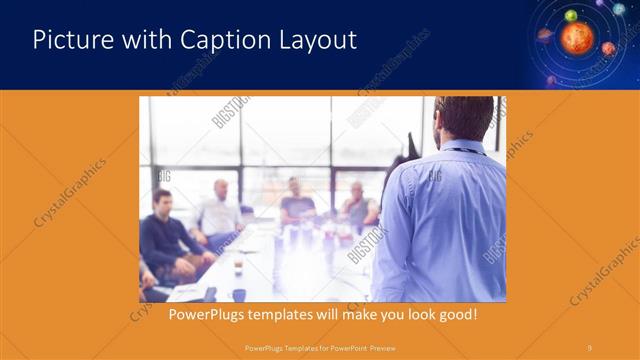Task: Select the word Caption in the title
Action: click(219, 40)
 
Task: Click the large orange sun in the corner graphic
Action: click(576, 38)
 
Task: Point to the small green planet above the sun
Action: click(571, 15)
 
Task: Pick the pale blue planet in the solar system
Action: click(619, 9)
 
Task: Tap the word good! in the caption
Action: click(456, 315)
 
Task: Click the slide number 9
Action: click(590, 347)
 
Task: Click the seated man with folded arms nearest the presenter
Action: click(357, 206)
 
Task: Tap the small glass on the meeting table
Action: click(238, 267)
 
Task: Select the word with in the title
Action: click(150, 40)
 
